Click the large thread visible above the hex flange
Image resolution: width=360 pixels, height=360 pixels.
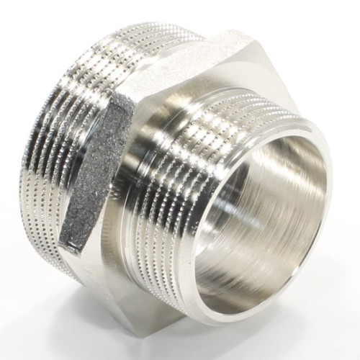[144, 43]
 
